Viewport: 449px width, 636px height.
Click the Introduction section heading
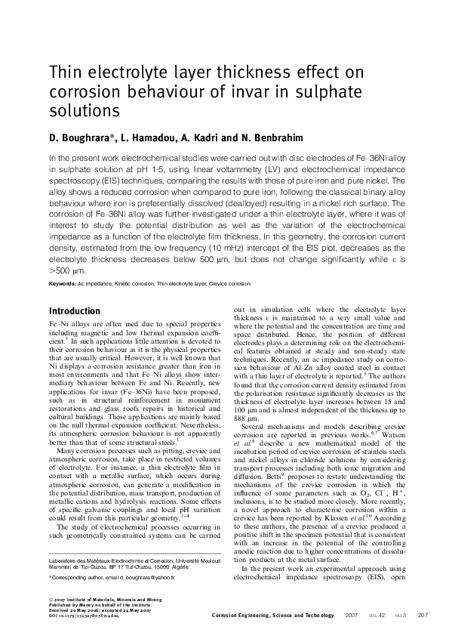pos(75,311)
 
